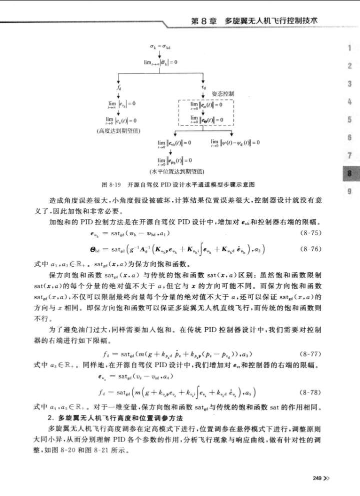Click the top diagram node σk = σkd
tap(161, 45)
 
